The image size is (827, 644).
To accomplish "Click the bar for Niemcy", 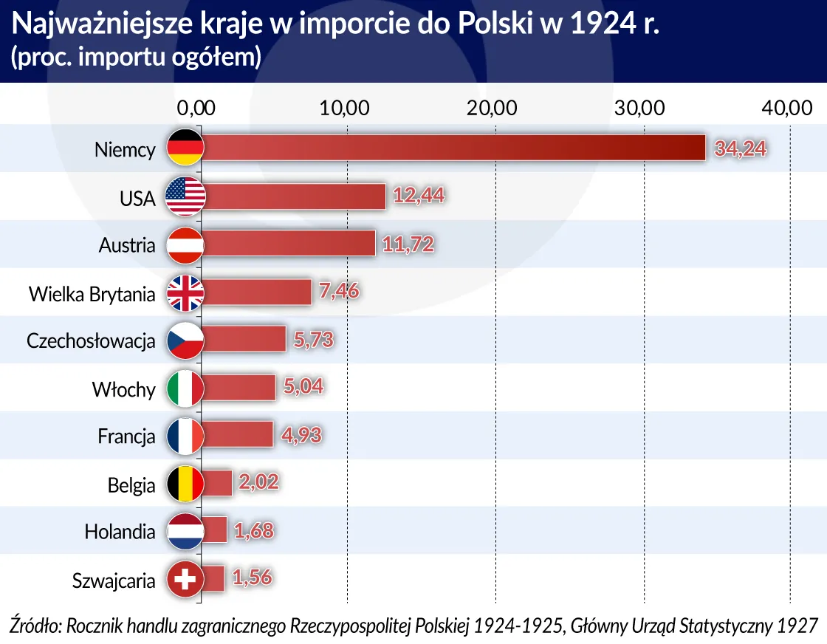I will point(452,148).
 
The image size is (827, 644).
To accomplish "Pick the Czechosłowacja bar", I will point(244,340).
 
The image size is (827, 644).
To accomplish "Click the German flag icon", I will point(185,148).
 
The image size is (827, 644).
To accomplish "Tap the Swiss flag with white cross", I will point(185,580).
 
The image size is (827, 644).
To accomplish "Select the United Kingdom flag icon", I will point(185,292).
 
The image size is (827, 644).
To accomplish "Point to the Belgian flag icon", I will point(185,484).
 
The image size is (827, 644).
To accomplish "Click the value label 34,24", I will point(740,149).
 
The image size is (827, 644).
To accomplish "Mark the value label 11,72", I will point(406,244).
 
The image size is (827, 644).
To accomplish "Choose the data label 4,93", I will point(301,436).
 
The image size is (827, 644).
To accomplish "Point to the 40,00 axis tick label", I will point(787,107).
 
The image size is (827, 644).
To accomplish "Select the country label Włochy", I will point(123,389).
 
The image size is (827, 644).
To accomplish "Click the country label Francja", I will point(126,436).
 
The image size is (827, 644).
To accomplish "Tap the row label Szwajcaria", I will point(114,580).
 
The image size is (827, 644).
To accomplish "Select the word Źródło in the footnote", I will point(35,625).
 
